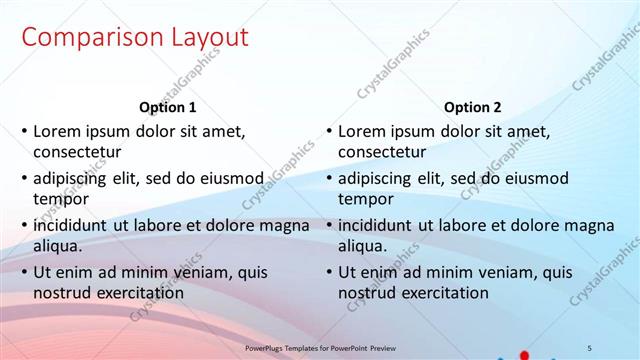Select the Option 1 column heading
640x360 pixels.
(167, 108)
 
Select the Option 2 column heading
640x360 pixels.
(473, 108)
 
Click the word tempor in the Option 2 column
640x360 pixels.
(365, 200)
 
